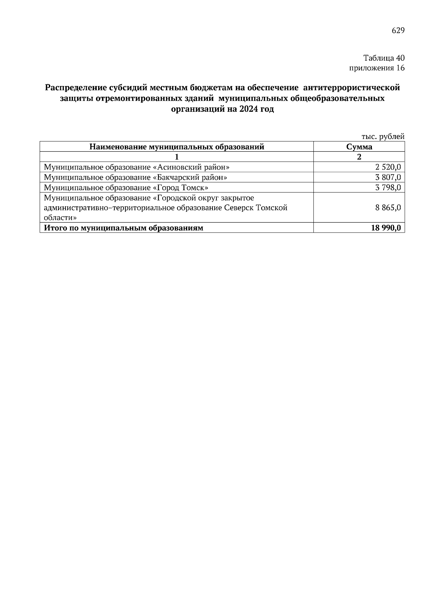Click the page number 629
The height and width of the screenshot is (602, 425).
[x=398, y=31]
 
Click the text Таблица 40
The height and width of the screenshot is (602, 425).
[x=384, y=58]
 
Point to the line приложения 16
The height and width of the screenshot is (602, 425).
[x=377, y=68]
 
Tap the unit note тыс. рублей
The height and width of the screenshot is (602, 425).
[x=383, y=136]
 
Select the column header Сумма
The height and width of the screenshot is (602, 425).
[x=359, y=147]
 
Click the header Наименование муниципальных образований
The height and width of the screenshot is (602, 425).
[x=177, y=147]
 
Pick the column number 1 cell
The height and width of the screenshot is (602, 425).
[x=177, y=157]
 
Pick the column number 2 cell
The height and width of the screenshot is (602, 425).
[x=359, y=157]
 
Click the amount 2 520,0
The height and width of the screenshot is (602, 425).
[x=388, y=167]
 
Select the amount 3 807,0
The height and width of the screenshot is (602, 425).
[x=388, y=177]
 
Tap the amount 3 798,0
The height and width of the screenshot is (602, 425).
[x=388, y=188]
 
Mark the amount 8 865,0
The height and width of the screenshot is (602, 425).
[x=388, y=208]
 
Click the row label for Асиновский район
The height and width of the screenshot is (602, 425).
[x=136, y=167]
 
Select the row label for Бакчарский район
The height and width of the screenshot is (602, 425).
[x=135, y=177]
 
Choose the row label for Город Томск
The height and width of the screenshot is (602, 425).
[x=126, y=188]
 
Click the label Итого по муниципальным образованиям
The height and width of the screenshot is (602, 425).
[x=123, y=228]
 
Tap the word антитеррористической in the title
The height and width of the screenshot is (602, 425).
[x=352, y=87]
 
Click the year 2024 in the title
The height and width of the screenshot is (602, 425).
[x=248, y=109]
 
